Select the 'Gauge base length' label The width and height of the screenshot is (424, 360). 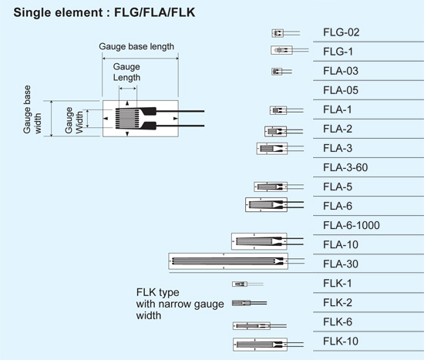pos(136,46)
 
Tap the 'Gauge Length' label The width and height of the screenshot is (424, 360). pos(126,72)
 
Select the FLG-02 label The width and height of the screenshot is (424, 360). pos(341,33)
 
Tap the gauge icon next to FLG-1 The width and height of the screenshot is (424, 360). pos(281,51)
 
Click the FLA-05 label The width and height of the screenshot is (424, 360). pos(341,91)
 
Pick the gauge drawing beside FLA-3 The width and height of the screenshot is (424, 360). pos(271,148)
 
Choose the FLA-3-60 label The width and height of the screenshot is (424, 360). pos(346,167)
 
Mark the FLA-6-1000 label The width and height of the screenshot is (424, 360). pos(352,225)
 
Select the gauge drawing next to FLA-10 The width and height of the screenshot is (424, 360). pos(258,242)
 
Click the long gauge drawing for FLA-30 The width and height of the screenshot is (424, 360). pos(227,262)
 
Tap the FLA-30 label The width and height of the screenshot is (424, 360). pos(341,264)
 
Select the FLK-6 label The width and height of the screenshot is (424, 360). pos(338,321)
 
